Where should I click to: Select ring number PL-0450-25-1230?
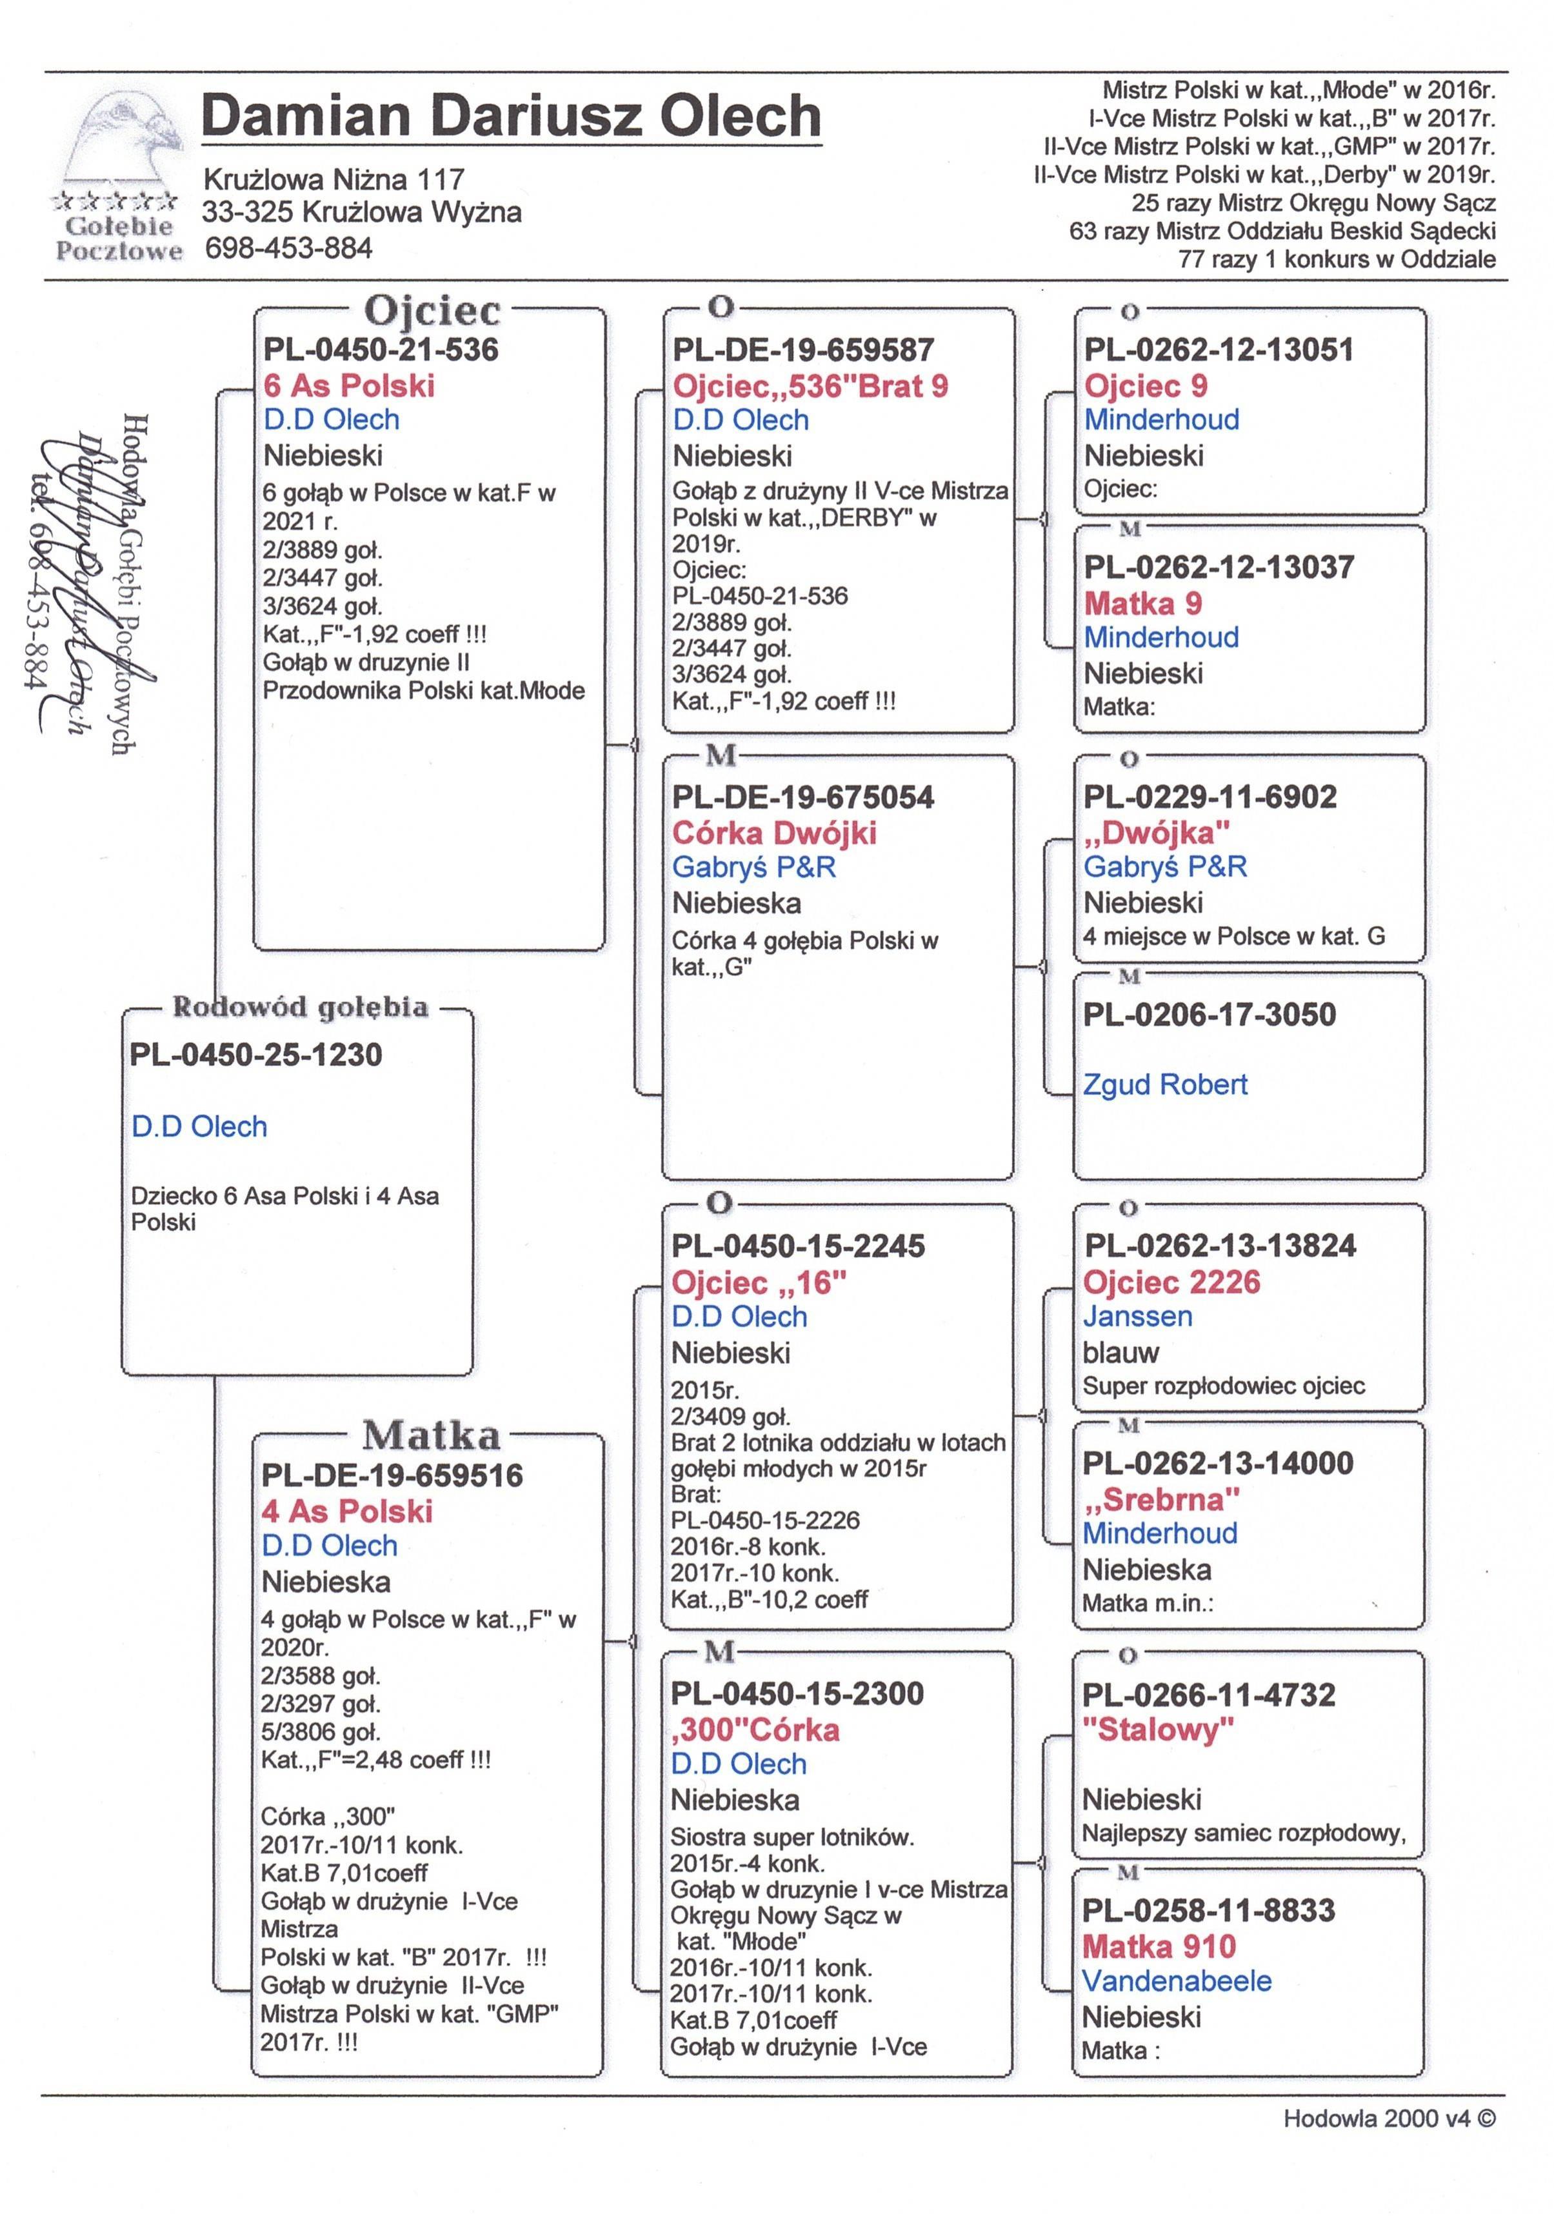(256, 1054)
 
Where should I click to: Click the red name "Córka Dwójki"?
(774, 833)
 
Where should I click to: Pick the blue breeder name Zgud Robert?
(1164, 1085)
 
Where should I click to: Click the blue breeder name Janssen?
(1137, 1317)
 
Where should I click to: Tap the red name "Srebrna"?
(1161, 1500)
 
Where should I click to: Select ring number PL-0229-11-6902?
(1210, 797)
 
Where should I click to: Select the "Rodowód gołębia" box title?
(299, 1006)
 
